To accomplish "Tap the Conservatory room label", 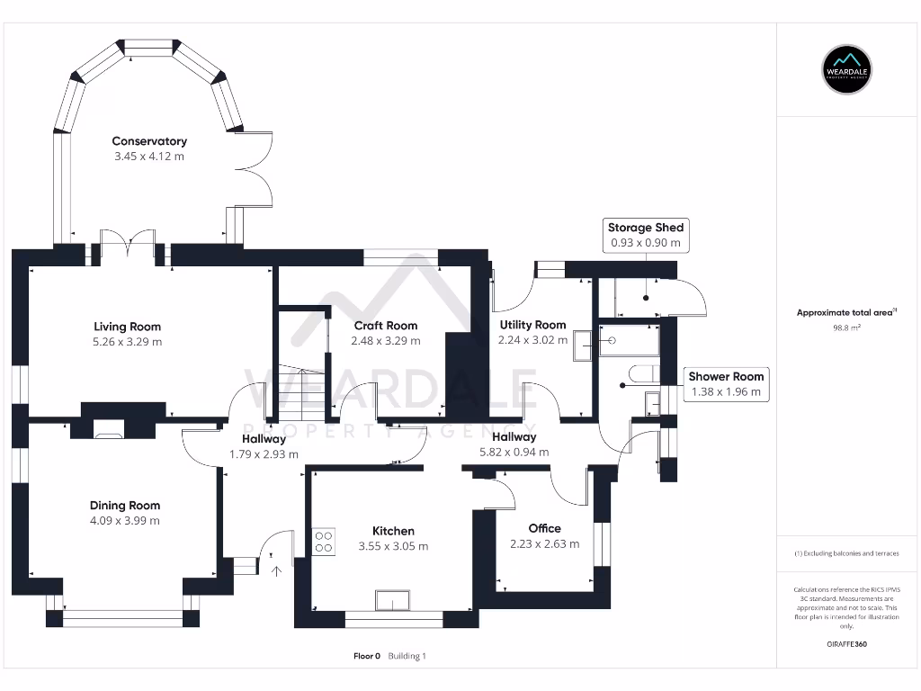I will point(149,141).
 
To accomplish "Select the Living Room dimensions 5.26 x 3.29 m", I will point(128,342).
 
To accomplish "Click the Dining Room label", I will point(124,506).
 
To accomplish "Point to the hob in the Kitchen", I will point(323,541).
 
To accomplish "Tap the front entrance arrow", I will point(276,570).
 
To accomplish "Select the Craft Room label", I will point(386,326).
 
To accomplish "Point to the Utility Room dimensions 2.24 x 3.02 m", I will point(532,340).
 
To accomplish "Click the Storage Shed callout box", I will point(645,235).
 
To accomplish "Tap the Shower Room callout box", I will point(726,384).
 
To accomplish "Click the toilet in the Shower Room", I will point(640,372).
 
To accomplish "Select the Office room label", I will point(544,528).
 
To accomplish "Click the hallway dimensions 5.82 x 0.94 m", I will point(514,453).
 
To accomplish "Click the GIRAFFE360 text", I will point(846,644).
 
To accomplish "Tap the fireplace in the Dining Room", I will point(110,433).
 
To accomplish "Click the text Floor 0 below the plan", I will point(367,656).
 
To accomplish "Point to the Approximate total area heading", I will point(845,312).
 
